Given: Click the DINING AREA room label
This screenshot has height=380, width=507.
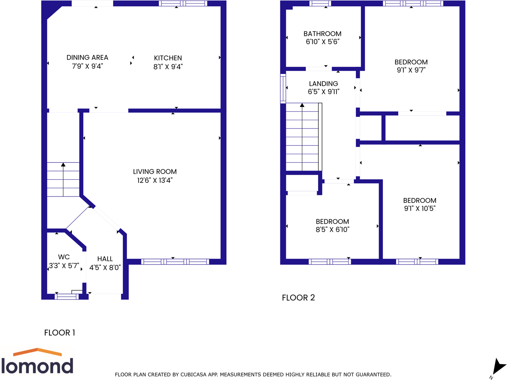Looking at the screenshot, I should pyautogui.click(x=87, y=58).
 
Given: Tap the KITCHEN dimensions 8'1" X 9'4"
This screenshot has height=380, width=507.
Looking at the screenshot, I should pyautogui.click(x=168, y=67).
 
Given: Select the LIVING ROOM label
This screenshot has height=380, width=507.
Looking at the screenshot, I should pyautogui.click(x=155, y=172).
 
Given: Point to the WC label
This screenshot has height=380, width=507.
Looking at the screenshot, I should pyautogui.click(x=64, y=257).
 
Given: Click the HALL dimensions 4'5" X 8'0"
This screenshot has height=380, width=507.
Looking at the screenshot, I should pyautogui.click(x=105, y=268).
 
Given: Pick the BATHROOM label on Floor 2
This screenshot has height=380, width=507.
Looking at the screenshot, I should pyautogui.click(x=322, y=34).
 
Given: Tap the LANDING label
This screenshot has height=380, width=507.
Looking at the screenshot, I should pyautogui.click(x=323, y=84).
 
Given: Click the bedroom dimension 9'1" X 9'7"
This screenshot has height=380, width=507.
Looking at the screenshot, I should pyautogui.click(x=411, y=70).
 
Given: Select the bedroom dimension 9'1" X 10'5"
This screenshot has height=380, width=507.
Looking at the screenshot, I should pyautogui.click(x=419, y=209).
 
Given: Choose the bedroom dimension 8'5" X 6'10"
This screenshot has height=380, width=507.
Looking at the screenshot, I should pyautogui.click(x=332, y=229).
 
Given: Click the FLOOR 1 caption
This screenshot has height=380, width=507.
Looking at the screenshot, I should pyautogui.click(x=60, y=333).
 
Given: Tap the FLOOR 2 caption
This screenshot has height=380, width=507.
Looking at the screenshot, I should pyautogui.click(x=298, y=298).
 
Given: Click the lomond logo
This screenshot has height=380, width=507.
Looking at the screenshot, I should pyautogui.click(x=37, y=362).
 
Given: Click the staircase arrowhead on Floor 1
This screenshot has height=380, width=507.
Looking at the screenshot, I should pyautogui.click(x=63, y=165).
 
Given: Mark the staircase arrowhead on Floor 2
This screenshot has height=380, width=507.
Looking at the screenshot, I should pyautogui.click(x=302, y=105).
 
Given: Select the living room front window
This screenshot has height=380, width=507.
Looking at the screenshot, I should pyautogui.click(x=175, y=262).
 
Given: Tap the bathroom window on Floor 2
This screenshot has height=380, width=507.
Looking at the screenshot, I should pyautogui.click(x=320, y=4).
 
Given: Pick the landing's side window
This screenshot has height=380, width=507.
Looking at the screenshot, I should pyautogui.click(x=283, y=88).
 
